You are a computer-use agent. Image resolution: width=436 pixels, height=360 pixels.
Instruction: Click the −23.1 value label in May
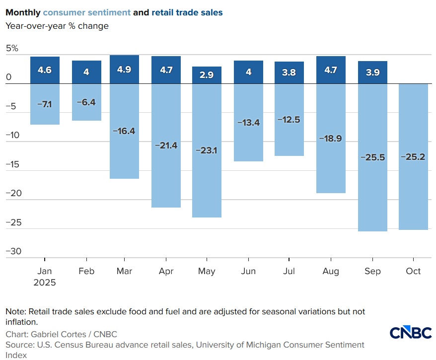pos(207,150)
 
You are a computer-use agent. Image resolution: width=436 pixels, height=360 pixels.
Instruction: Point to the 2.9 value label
pos(207,75)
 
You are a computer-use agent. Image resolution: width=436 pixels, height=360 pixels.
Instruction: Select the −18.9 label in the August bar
pos(331,139)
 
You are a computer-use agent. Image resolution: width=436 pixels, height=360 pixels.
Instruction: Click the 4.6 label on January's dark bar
pos(45,70)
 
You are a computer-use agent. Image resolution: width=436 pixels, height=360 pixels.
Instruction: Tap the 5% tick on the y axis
pos(12,49)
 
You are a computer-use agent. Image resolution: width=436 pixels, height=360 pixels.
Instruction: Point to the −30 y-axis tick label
pos(14,251)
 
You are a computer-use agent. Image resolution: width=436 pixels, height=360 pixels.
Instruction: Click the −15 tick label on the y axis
pos(14,164)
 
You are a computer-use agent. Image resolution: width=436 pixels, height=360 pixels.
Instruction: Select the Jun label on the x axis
pos(248,271)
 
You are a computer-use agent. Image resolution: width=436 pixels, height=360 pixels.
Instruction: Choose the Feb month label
pos(86,271)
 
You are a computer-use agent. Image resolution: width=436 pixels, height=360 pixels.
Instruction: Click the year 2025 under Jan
pos(45,283)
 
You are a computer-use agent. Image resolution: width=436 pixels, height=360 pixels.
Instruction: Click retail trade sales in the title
pos(187,12)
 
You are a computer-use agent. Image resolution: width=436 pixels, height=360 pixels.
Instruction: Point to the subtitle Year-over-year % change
pos(57,26)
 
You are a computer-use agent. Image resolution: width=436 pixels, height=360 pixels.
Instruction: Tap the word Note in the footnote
pos(15,311)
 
